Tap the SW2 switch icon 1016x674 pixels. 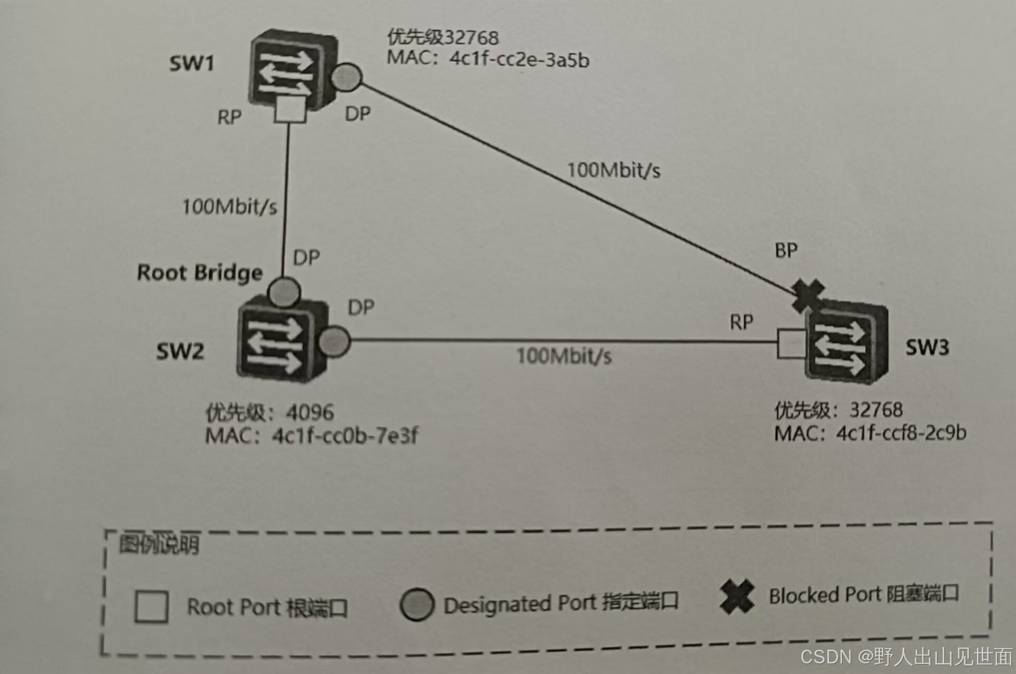tap(279, 337)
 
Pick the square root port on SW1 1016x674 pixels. tap(289, 110)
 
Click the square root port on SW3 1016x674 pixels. tap(792, 344)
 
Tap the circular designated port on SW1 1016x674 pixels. tap(346, 77)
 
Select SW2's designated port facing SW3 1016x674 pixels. tap(334, 340)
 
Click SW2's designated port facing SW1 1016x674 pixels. tap(284, 291)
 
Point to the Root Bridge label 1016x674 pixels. tap(200, 273)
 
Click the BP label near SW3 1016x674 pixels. tap(786, 250)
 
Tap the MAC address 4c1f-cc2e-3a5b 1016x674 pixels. tap(519, 60)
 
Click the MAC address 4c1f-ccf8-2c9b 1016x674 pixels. tap(901, 433)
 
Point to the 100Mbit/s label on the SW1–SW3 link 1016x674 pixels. tap(613, 170)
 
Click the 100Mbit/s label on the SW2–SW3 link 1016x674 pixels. tap(564, 356)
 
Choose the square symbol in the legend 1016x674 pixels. tap(152, 607)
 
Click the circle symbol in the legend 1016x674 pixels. tap(417, 604)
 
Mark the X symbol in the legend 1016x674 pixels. tap(737, 596)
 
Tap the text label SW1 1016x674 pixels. tap(191, 63)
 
